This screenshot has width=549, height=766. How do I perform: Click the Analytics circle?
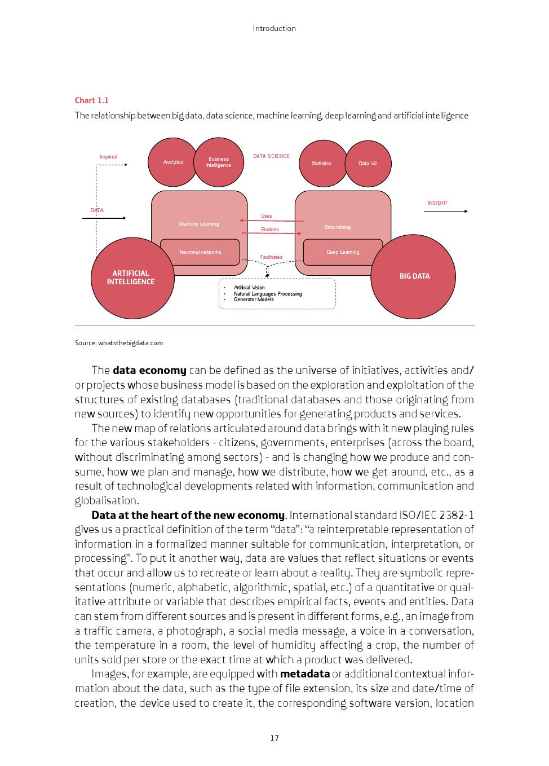coord(173,162)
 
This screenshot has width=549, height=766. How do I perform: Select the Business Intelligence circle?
coord(218,162)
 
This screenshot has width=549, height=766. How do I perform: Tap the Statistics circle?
coord(321,164)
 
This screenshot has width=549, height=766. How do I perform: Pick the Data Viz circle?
coord(368,164)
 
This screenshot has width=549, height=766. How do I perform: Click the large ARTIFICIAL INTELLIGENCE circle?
coord(131,278)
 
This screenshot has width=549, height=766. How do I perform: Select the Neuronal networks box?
coord(200,252)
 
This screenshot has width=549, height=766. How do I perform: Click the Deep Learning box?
coord(343,252)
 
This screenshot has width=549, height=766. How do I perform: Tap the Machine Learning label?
coord(199,224)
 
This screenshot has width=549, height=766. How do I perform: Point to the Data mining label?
coord(338,227)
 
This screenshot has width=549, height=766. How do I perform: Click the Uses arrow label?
coord(267,216)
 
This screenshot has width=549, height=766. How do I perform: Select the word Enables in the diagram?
coord(270,230)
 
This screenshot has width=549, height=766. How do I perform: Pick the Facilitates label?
coord(271,257)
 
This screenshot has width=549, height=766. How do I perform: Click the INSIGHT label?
coord(437,203)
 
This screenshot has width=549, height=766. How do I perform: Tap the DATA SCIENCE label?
coord(271,156)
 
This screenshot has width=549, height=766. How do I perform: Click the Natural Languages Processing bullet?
coord(268,294)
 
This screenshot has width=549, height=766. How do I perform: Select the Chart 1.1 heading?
coord(92,100)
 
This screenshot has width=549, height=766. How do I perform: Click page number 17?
coord(274,738)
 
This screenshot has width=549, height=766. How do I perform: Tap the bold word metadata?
coord(304,674)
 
